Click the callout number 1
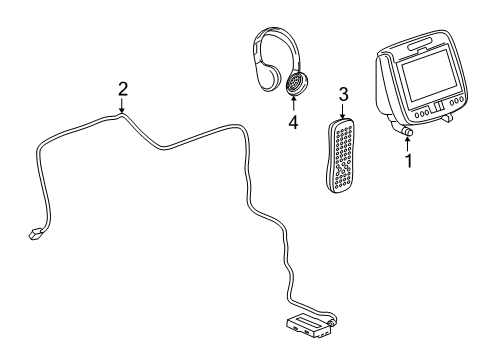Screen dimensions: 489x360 408,161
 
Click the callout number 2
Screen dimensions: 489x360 123,89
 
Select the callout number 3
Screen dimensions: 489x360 343,94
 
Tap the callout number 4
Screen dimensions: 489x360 293,122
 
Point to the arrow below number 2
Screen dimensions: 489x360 122,106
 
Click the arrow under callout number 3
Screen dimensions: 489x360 343,111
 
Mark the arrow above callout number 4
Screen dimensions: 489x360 293,104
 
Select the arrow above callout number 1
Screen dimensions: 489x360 407,143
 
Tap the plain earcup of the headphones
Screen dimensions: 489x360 269,77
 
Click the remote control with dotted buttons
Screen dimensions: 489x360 339,155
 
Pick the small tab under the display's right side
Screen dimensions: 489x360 447,117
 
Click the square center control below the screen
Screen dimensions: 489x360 437,107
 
